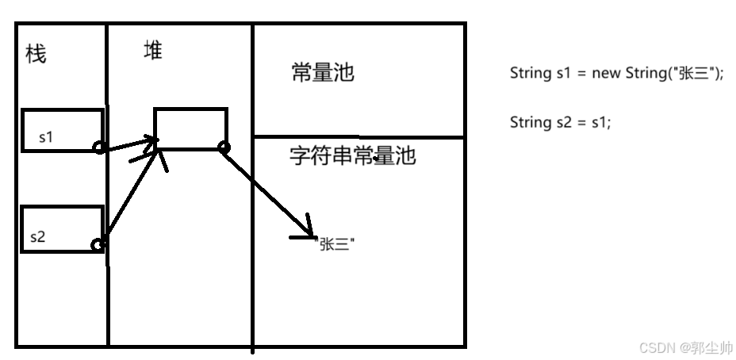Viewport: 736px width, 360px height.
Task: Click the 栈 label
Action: pos(36,54)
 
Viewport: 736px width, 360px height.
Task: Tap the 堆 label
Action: pos(152,52)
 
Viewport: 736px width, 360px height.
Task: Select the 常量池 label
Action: pos(322,74)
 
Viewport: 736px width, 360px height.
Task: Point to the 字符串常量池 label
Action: pos(352,155)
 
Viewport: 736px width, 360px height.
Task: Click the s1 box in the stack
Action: pos(62,129)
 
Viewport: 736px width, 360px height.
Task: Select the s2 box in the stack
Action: pos(62,229)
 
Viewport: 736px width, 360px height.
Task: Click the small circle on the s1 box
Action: pos(99,147)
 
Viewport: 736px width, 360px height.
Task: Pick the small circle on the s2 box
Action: pos(98,245)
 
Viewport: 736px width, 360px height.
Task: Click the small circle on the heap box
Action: pos(224,147)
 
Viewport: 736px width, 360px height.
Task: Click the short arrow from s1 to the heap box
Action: pos(128,144)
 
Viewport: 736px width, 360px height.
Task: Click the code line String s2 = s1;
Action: pos(560,122)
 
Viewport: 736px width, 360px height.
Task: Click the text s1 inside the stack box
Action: pos(46,137)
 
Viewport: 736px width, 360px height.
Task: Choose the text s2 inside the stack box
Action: pos(39,236)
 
